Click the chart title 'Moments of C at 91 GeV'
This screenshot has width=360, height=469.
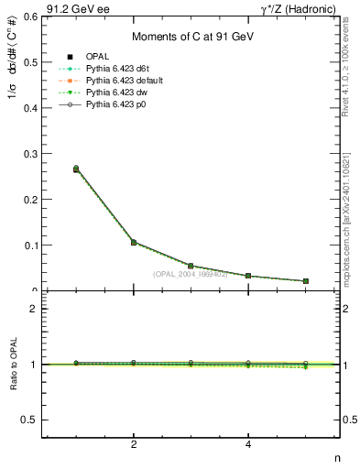191,37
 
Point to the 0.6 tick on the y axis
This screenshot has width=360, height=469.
31,16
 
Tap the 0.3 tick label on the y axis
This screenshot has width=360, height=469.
31,153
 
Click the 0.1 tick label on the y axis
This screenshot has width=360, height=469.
31,245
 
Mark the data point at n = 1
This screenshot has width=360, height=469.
76,169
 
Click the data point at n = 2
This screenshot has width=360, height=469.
134,243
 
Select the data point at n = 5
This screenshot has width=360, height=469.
305,281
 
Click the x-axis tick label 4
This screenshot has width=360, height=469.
248,444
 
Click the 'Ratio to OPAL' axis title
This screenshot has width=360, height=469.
12,365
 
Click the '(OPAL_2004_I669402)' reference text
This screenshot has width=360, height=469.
191,274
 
